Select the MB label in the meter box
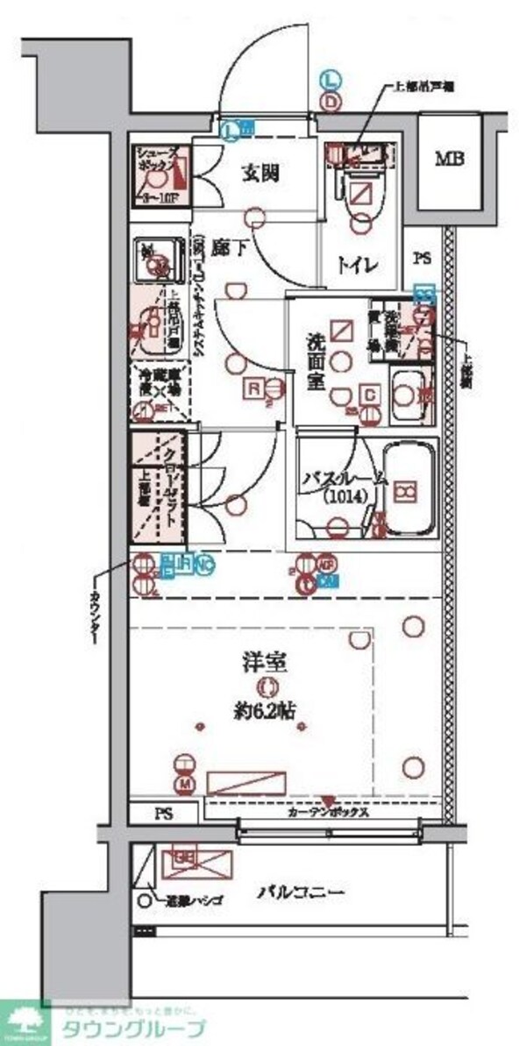point(451,160)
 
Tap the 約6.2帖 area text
point(260,712)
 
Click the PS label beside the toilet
point(423,259)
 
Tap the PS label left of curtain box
point(164,813)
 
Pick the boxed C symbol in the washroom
point(371,396)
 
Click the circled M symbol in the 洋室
point(185,782)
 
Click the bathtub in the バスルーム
point(409,491)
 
